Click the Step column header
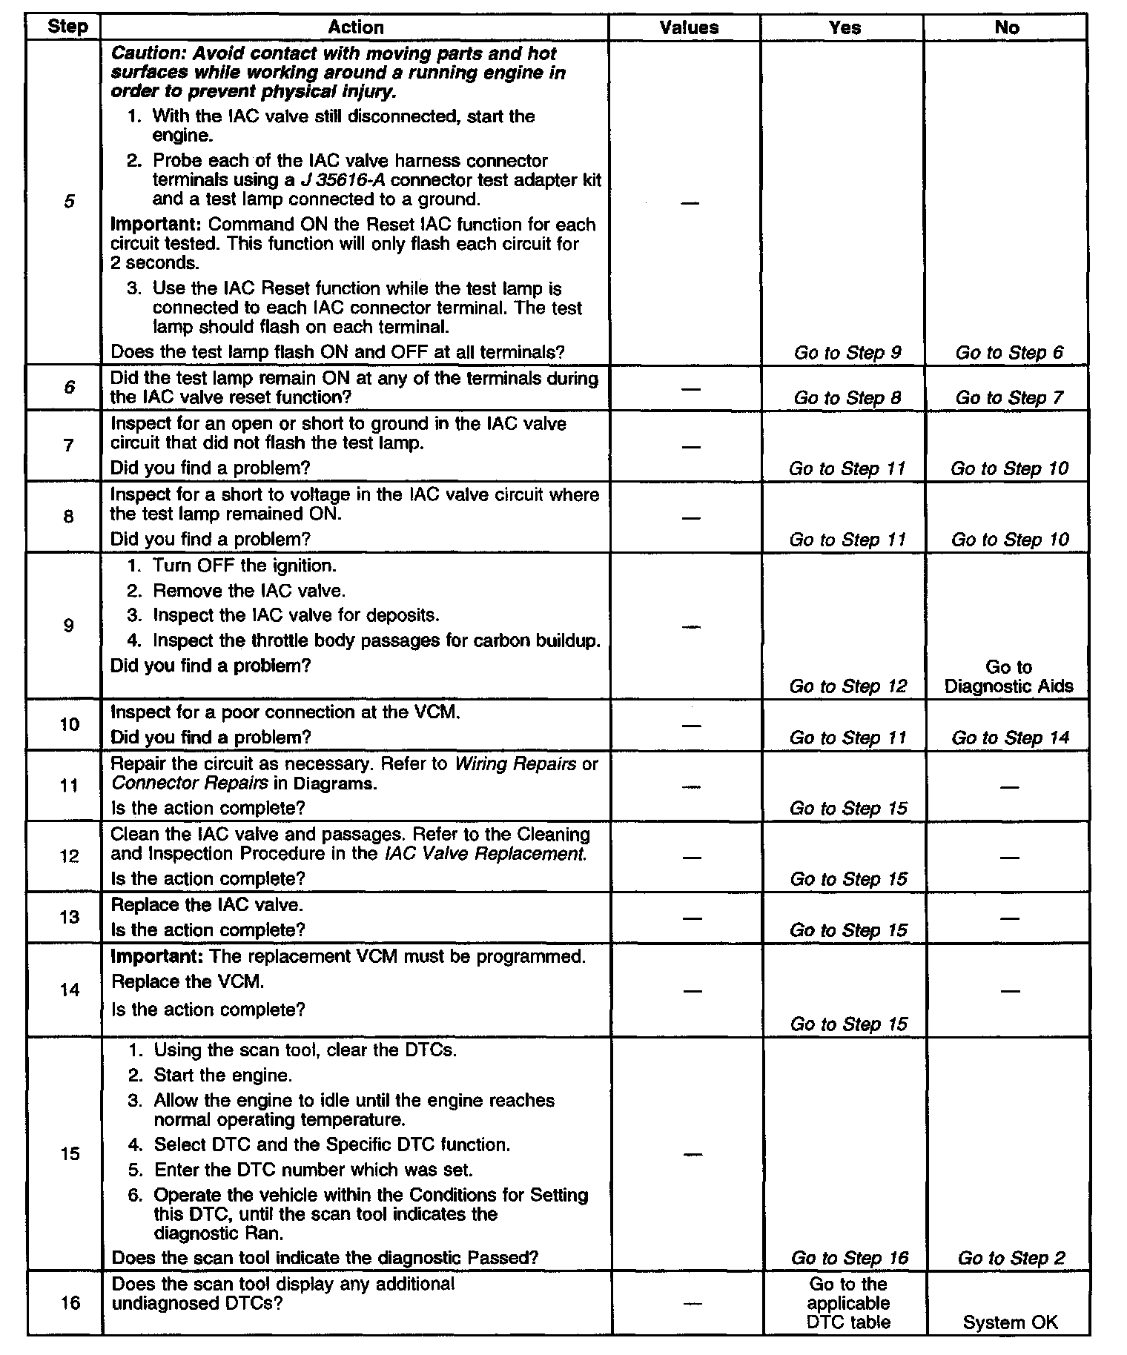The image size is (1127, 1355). click(67, 27)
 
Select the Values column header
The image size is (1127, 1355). click(689, 27)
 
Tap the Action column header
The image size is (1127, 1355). click(356, 27)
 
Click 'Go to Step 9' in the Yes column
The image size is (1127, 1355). click(847, 353)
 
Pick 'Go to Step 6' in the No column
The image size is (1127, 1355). click(1009, 353)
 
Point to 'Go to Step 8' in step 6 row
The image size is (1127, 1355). click(847, 398)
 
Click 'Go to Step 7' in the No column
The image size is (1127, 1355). click(1009, 398)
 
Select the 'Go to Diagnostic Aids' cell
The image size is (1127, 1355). click(1008, 677)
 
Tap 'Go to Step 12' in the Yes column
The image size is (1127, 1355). click(848, 686)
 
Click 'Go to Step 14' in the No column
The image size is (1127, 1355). click(1011, 738)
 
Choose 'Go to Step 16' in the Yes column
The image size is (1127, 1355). click(850, 1258)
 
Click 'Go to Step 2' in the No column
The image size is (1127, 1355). click(1011, 1258)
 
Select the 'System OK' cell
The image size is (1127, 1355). click(1010, 1322)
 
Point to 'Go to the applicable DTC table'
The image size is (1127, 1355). click(848, 1303)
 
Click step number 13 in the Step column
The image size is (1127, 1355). click(69, 918)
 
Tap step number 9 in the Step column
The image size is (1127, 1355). click(69, 626)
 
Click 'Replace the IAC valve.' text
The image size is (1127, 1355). click(207, 905)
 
